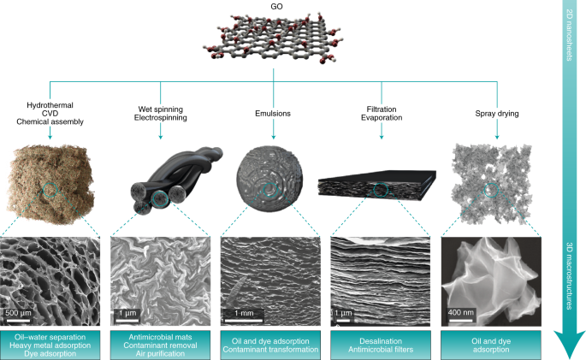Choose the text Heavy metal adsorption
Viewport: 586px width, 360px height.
pos(51,344)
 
